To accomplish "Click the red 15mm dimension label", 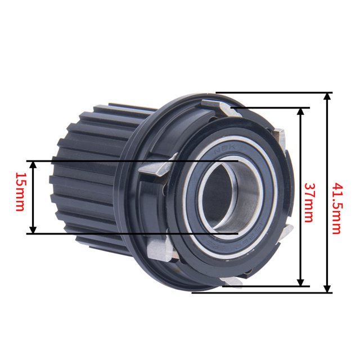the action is [x=20, y=192].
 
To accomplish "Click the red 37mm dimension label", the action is [x=308, y=202].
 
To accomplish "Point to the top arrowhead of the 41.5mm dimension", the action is [x=327, y=96].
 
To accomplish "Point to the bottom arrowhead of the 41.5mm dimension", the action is [x=327, y=289].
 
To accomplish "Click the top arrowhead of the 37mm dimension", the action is [x=300, y=111].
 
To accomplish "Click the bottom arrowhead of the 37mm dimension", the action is [x=300, y=282].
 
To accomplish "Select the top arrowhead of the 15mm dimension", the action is [x=34, y=165].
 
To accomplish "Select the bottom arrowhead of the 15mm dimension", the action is [x=34, y=229].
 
